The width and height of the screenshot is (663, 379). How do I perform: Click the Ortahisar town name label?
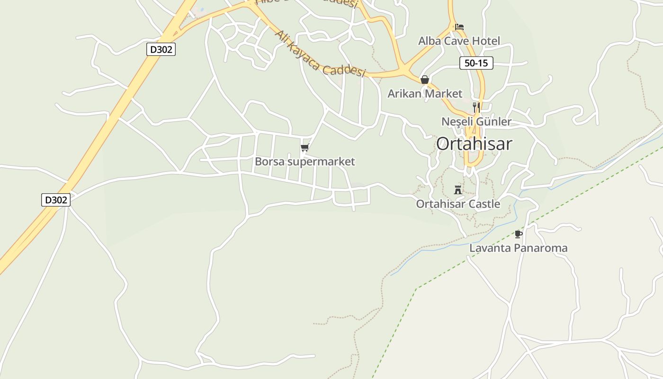(474, 144)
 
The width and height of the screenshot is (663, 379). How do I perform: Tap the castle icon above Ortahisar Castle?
(458, 190)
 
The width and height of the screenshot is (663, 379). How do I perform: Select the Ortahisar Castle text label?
(458, 204)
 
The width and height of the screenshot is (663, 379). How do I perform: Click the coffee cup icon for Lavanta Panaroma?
(518, 234)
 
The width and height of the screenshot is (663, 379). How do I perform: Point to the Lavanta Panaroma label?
(518, 248)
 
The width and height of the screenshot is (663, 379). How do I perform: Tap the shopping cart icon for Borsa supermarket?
(305, 148)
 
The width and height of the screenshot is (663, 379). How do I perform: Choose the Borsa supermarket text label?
(305, 162)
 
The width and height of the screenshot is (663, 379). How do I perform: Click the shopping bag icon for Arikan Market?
(425, 80)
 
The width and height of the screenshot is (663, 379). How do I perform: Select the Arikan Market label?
(425, 93)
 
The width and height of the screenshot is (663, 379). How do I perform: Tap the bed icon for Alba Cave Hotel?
(459, 27)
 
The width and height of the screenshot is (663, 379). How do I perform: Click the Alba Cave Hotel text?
(459, 41)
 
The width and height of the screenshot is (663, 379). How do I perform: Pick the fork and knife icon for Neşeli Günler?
(476, 108)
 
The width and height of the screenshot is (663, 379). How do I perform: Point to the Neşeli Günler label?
(476, 122)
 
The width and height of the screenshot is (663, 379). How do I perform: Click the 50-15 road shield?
(476, 63)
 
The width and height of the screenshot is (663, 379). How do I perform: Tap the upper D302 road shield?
(161, 49)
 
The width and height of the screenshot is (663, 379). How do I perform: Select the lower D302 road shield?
(56, 200)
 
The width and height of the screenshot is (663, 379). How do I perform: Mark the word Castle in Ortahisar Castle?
(484, 204)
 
